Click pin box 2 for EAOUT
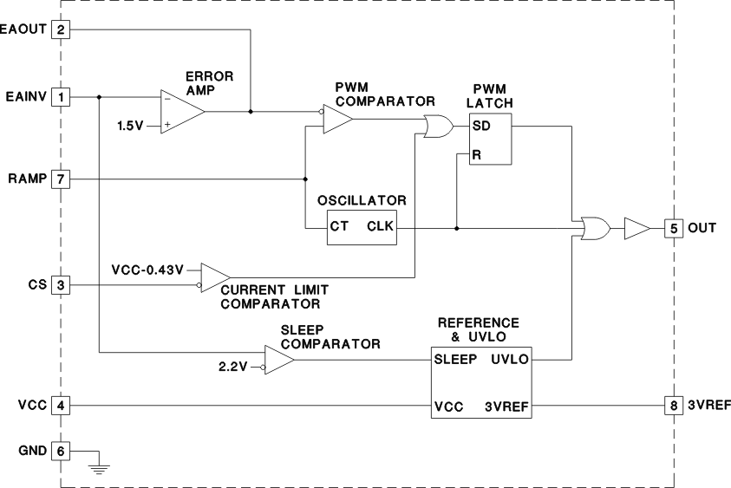(61, 30)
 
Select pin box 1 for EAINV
(61, 96)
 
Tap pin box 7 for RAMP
(61, 179)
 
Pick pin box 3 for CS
(61, 284)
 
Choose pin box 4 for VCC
(61, 405)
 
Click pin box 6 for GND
(61, 452)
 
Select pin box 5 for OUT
(674, 229)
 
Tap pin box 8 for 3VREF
(674, 405)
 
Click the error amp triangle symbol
(180, 111)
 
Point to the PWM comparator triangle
(336, 120)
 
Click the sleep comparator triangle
(278, 360)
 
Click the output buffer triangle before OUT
(636, 229)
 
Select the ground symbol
(101, 469)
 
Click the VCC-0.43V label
(148, 269)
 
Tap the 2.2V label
(232, 367)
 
